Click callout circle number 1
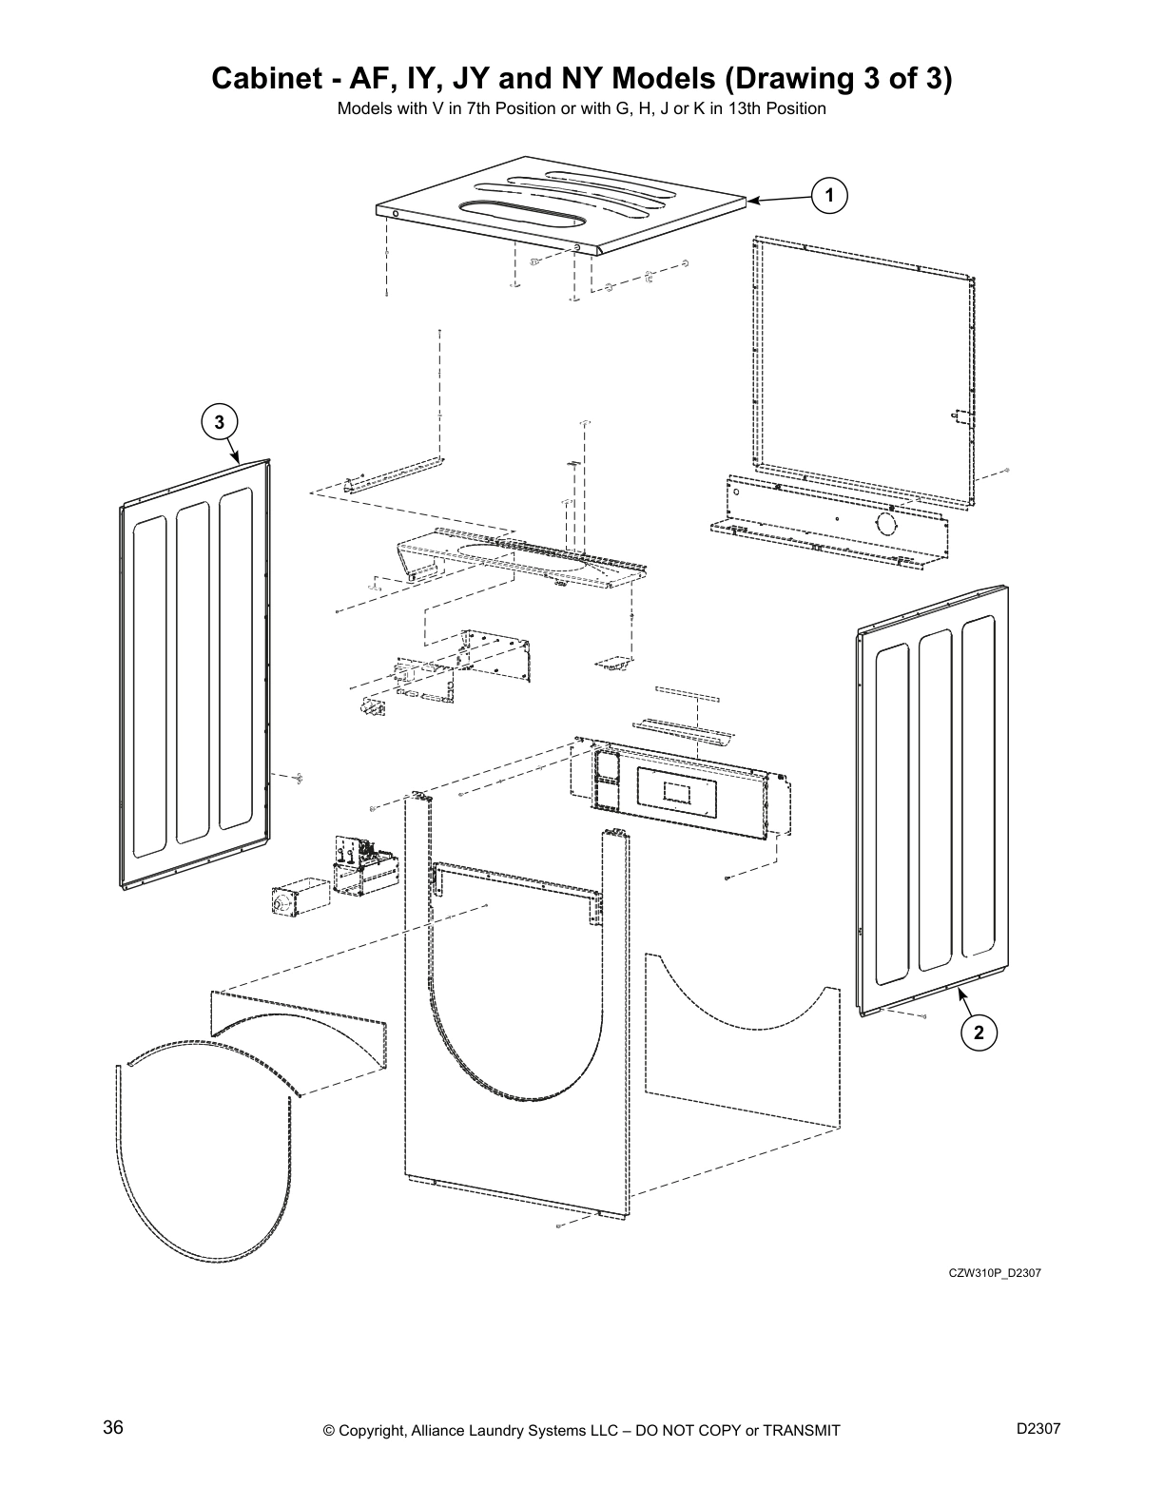coord(829,195)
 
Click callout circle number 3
coord(219,421)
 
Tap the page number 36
coord(113,1428)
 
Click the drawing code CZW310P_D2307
coord(995,1273)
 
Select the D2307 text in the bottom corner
coord(1038,1428)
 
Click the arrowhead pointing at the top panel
coord(752,201)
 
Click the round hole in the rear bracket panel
coord(884,524)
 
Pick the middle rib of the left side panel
coord(193,671)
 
